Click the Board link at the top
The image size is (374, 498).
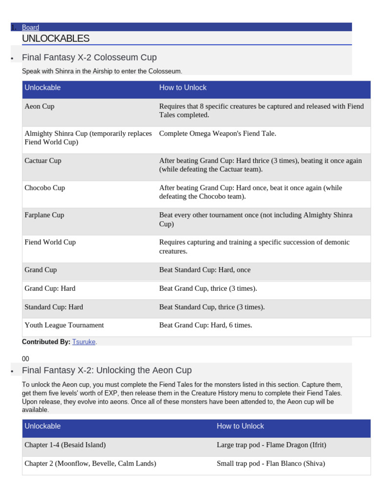(30, 27)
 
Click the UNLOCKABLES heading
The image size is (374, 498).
(56, 38)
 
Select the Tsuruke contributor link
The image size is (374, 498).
(84, 342)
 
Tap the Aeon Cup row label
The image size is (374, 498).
(39, 106)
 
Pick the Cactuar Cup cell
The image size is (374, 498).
(43, 160)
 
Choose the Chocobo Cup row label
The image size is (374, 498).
(44, 188)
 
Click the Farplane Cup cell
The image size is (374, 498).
(44, 215)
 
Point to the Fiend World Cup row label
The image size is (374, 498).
(50, 242)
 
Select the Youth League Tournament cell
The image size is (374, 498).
(64, 325)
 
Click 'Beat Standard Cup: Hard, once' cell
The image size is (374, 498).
(205, 269)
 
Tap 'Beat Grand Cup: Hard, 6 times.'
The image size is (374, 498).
(206, 325)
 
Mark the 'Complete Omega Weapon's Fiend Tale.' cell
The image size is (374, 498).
(217, 133)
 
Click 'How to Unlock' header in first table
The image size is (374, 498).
(183, 88)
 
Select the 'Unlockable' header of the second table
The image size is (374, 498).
(42, 426)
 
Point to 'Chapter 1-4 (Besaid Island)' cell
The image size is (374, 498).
(65, 445)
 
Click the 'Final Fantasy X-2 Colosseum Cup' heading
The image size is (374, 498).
(89, 57)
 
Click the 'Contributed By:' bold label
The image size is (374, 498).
(46, 342)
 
